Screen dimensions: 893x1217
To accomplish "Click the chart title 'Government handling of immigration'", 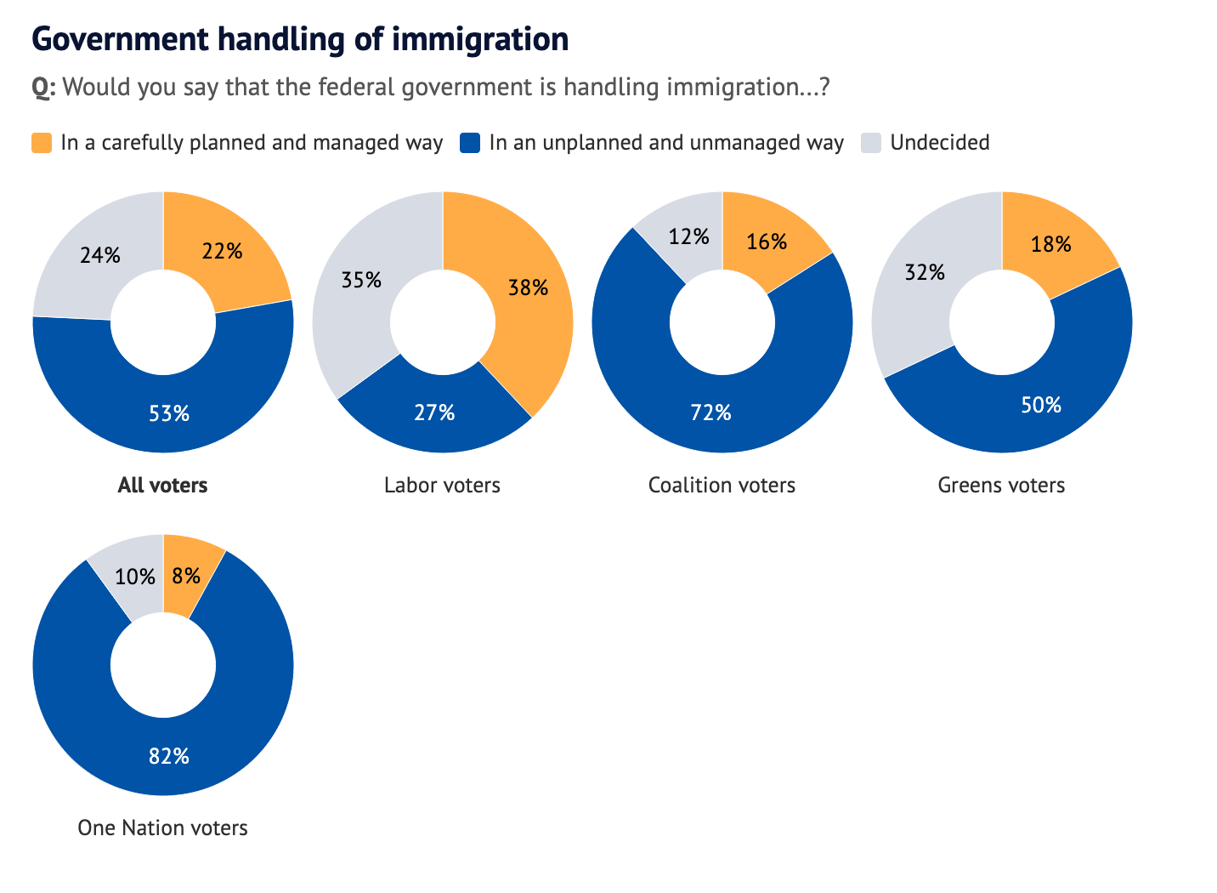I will pyautogui.click(x=300, y=39).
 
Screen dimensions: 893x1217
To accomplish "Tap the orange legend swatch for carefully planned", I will pyautogui.click(x=42, y=143).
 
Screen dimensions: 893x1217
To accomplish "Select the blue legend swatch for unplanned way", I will pyautogui.click(x=470, y=143).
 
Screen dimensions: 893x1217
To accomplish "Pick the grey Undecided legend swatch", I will pyautogui.click(x=872, y=143).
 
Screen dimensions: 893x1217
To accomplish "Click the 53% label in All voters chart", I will pyautogui.click(x=169, y=413).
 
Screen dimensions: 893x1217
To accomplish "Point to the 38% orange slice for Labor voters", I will pyautogui.click(x=528, y=288).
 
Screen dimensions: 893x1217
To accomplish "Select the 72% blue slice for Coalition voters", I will pyautogui.click(x=710, y=413).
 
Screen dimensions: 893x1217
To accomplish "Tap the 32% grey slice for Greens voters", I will pyautogui.click(x=925, y=273).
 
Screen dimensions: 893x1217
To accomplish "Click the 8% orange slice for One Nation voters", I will pyautogui.click(x=186, y=576).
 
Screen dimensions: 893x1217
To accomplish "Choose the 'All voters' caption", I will pyautogui.click(x=162, y=486).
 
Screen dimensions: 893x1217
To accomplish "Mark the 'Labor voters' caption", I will pyautogui.click(x=442, y=486).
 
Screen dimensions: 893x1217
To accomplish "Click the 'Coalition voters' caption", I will pyautogui.click(x=722, y=486).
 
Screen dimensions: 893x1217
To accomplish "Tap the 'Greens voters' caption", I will pyautogui.click(x=1001, y=486).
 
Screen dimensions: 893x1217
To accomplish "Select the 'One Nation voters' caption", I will pyautogui.click(x=162, y=828).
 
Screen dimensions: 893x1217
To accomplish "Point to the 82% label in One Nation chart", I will pyautogui.click(x=169, y=756).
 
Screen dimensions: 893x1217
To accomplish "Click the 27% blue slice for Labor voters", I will pyautogui.click(x=435, y=413).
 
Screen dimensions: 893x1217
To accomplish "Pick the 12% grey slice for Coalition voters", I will pyautogui.click(x=688, y=236).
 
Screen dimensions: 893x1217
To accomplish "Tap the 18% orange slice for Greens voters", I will pyautogui.click(x=1050, y=245).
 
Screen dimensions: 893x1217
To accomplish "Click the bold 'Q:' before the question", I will pyautogui.click(x=43, y=88).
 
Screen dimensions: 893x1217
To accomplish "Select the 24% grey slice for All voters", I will pyautogui.click(x=99, y=254).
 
